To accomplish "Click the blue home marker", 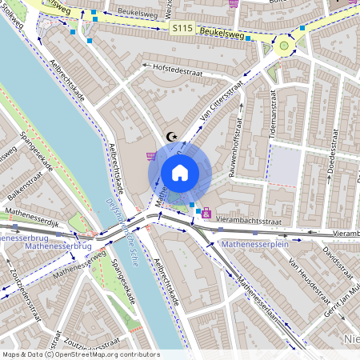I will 180,173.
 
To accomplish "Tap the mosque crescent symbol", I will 170,137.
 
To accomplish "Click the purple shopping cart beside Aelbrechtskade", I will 151,156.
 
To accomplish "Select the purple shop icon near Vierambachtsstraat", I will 207,214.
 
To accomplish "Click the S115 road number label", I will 182,27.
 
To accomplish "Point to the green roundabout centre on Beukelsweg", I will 284,46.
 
